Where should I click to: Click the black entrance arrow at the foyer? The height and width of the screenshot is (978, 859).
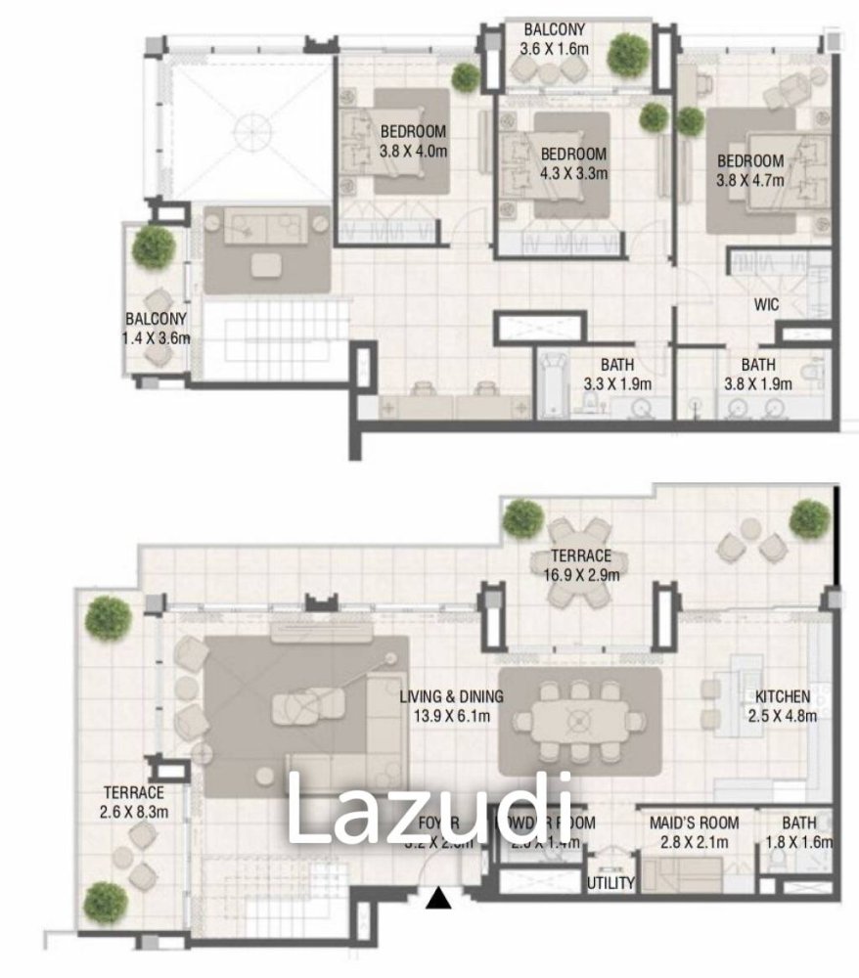(440, 898)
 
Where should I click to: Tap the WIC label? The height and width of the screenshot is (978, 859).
(766, 305)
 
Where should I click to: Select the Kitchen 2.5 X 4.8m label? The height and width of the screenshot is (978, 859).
(782, 705)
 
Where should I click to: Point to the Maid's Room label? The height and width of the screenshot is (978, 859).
(695, 831)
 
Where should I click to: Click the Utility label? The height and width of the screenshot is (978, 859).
(610, 883)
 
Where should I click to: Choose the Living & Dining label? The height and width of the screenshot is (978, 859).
(451, 705)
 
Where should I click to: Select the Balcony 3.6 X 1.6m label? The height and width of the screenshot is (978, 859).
(554, 38)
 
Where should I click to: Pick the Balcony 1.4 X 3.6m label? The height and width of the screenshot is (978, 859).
(155, 328)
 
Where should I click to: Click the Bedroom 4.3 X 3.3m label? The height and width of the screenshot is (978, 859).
(573, 163)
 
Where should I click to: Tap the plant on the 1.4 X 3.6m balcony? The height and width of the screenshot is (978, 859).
(154, 246)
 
